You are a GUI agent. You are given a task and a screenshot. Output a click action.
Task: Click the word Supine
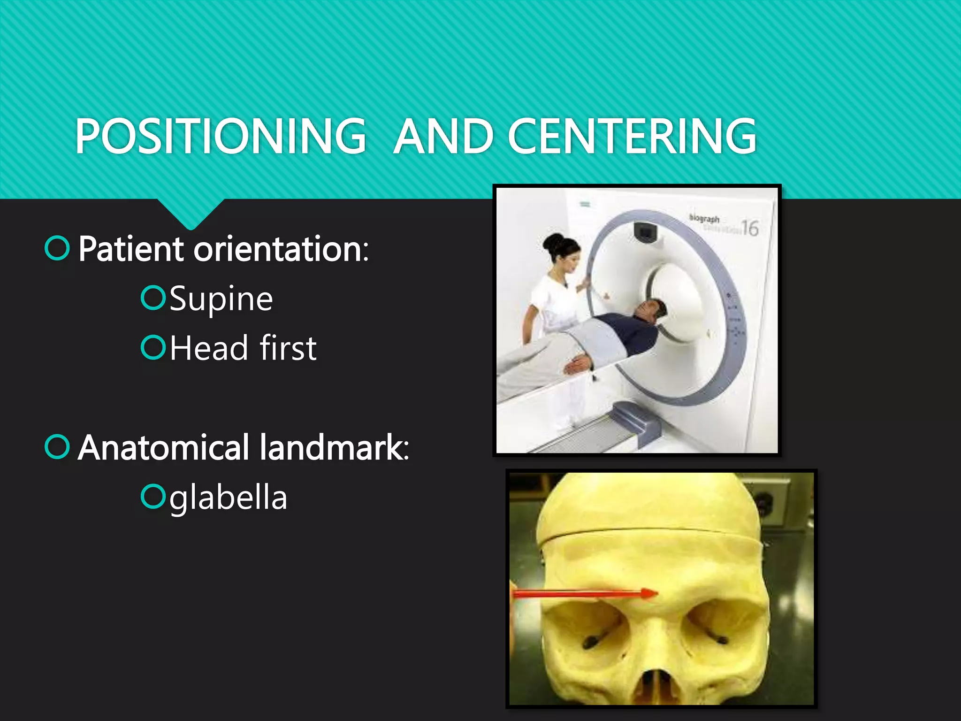click(x=221, y=299)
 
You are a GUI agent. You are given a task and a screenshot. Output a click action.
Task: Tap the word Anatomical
click(x=163, y=448)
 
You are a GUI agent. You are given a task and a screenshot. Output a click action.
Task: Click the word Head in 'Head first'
click(x=209, y=348)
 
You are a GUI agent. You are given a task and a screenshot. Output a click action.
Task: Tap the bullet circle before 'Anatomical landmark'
click(x=57, y=447)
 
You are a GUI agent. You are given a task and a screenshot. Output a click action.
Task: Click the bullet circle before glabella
click(x=153, y=497)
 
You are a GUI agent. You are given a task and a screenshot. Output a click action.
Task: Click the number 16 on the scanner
click(x=750, y=228)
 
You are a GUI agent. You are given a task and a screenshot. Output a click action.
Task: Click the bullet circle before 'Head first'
click(x=153, y=347)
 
